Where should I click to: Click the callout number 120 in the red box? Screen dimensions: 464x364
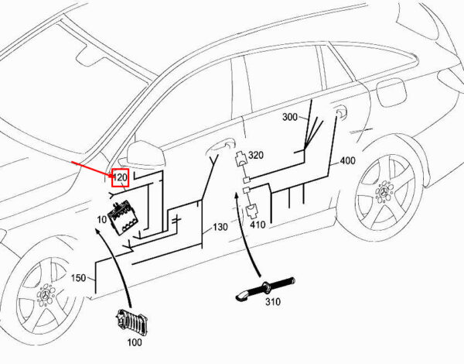(120, 177)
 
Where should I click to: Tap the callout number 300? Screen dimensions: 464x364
(290, 117)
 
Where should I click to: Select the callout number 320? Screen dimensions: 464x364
(256, 155)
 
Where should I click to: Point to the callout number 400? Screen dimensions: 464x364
(347, 160)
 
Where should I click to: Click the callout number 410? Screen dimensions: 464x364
(258, 225)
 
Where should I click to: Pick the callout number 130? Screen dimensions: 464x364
(220, 227)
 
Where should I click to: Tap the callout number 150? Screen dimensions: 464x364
(78, 278)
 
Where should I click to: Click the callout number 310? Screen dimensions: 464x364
(272, 302)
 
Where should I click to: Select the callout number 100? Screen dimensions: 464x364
(135, 342)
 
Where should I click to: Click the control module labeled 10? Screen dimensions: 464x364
(124, 218)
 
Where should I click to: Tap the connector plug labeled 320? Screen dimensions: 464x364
(241, 159)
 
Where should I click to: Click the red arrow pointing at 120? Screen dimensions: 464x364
(92, 170)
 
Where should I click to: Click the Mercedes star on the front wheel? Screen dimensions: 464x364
(45, 294)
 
